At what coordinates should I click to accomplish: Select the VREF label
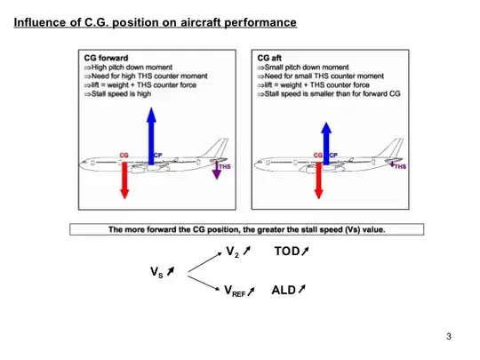click(234, 291)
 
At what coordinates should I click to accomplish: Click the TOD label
click(287, 252)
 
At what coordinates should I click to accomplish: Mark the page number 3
click(449, 336)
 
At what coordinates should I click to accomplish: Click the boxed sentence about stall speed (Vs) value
click(246, 229)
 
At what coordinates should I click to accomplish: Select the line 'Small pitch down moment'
click(304, 67)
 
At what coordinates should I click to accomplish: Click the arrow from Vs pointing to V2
click(200, 262)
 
